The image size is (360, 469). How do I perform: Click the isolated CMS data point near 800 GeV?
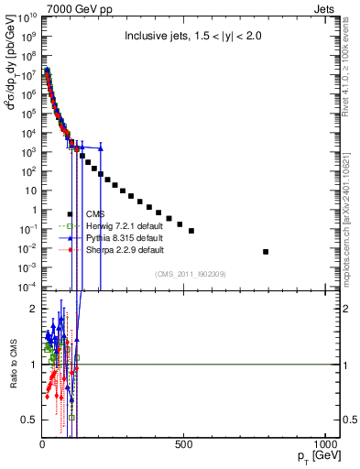267,251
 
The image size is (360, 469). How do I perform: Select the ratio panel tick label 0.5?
28,420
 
